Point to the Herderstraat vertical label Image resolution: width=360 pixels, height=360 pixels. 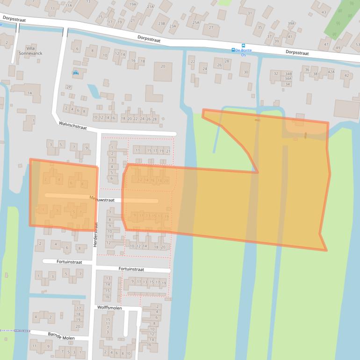click(94, 234)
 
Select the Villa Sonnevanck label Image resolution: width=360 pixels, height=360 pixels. click(30, 51)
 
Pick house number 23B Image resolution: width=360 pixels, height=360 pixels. click(162, 23)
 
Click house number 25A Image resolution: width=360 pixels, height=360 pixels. click(196, 22)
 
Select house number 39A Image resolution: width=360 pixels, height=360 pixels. click(291, 23)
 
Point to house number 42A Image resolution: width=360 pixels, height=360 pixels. click(331, 72)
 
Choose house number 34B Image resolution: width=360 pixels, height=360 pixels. click(288, 74)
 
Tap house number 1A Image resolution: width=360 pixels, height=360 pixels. click(29, 93)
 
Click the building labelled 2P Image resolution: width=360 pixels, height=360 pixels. click(69, 87)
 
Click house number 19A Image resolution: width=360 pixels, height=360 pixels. click(133, 4)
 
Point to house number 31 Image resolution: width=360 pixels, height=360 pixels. click(250, 13)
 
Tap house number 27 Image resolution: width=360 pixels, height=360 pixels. click(211, 28)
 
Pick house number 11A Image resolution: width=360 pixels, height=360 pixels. click(69, 5)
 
